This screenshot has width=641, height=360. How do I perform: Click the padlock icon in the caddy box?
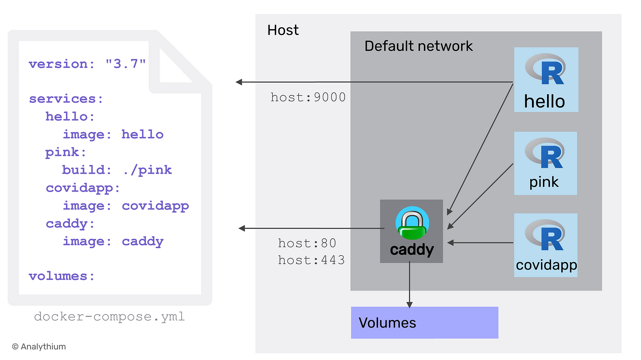[x=413, y=225]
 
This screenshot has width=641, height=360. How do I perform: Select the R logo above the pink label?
[x=545, y=154]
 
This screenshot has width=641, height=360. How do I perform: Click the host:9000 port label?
[x=308, y=98]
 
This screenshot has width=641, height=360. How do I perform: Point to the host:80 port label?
[x=307, y=243]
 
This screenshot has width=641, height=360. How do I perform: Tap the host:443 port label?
[x=311, y=260]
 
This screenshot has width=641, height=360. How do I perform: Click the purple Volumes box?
[x=424, y=323]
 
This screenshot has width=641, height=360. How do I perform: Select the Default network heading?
[x=418, y=46]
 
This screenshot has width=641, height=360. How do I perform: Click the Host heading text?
[x=283, y=30]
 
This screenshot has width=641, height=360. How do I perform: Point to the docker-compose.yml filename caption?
[x=110, y=317]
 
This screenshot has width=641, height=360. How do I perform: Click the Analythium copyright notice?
[x=39, y=347]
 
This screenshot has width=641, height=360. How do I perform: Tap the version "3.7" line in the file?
[x=87, y=64]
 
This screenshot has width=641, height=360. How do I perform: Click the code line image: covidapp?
[x=126, y=206]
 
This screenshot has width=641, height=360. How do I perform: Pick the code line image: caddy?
[x=113, y=242]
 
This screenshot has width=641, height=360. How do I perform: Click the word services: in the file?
[x=66, y=99]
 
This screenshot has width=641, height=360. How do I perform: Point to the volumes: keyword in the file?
[x=62, y=276]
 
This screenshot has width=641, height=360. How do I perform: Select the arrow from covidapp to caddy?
[x=481, y=243]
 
